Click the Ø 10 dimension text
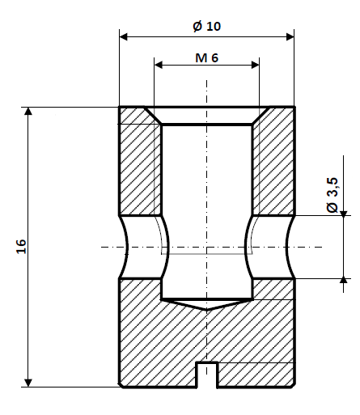[x=207, y=26]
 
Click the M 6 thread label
[x=207, y=57]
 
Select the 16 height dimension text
[x=21, y=247]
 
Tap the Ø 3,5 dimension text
[x=332, y=197]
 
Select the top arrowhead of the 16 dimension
[x=29, y=112]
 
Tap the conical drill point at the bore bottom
[x=207, y=304]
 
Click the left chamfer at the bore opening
[x=154, y=116]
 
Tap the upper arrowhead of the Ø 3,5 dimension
[x=345, y=213]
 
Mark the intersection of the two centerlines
[x=207, y=247]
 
